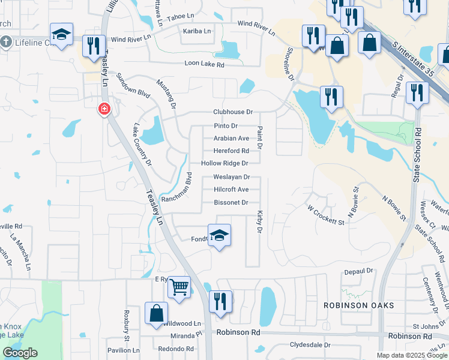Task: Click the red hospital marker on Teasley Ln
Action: (104, 109)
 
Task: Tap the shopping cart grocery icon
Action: (179, 287)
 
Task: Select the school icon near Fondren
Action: (220, 235)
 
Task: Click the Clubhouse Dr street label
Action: (233, 112)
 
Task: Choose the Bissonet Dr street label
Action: (231, 203)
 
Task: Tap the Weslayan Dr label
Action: (232, 178)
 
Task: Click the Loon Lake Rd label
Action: (205, 64)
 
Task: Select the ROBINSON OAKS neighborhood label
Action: (359, 305)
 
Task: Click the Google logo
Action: (20, 353)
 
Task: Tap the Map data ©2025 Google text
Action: (412, 355)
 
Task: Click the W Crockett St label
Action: (325, 215)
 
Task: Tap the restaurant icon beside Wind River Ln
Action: (93, 47)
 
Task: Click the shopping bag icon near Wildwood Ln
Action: (156, 313)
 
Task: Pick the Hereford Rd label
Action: (231, 151)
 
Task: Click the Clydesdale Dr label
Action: (310, 346)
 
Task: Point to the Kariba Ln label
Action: (197, 31)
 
